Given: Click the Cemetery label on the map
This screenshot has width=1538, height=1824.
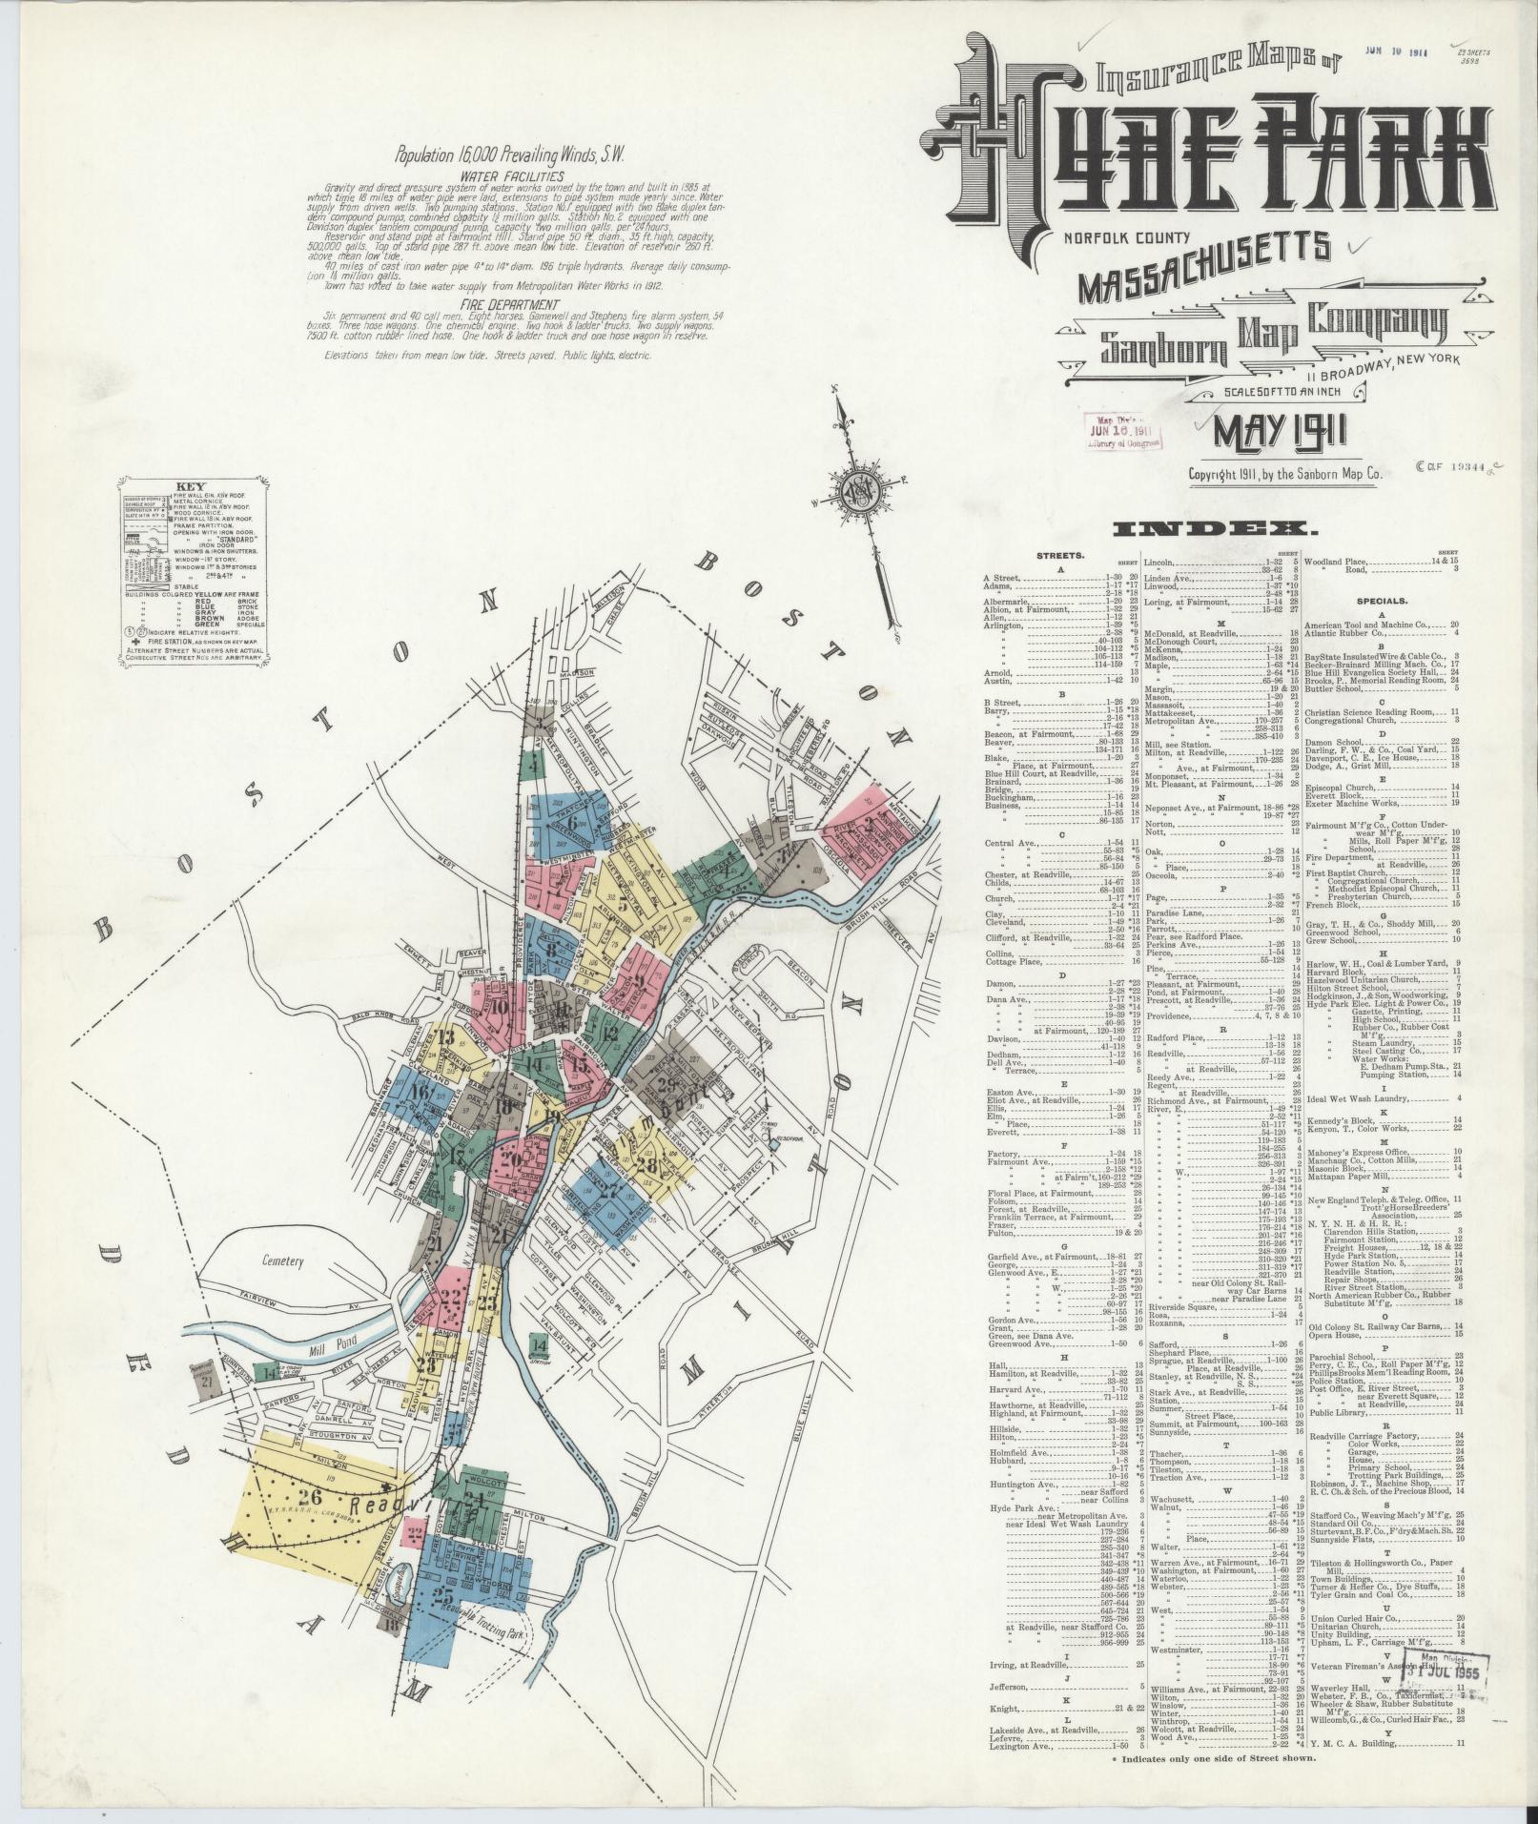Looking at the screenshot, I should click(x=283, y=1260).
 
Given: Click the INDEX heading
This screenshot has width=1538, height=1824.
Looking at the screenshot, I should click(x=1221, y=529).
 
